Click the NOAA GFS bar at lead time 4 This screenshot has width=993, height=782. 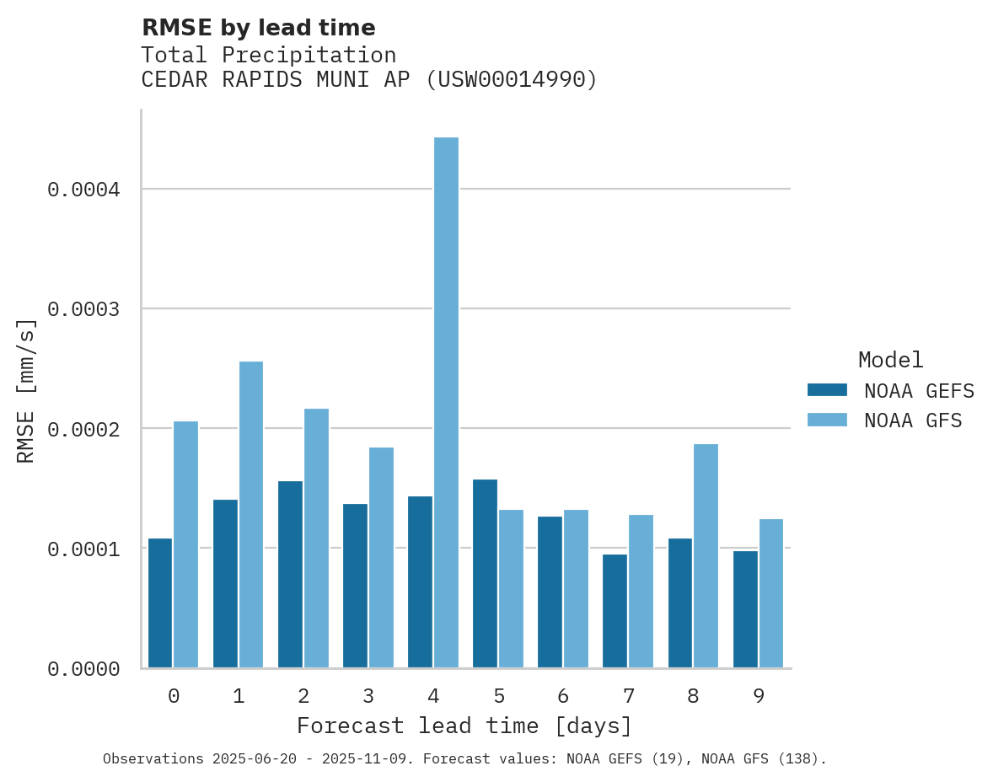tap(446, 403)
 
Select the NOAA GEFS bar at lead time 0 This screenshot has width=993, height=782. tap(160, 603)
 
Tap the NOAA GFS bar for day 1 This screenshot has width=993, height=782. tap(251, 515)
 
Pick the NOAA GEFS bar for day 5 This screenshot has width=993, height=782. tap(485, 574)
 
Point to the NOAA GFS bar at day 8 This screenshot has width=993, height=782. tap(706, 556)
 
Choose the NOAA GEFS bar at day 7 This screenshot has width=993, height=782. tap(615, 611)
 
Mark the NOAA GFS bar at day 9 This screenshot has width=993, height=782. tap(770, 593)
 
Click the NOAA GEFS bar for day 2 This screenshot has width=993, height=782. tap(290, 575)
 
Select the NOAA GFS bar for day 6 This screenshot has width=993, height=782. tap(576, 589)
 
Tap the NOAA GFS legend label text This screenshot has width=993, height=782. tap(913, 420)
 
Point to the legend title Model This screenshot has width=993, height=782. tap(890, 360)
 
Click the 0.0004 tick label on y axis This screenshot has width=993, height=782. tap(83, 190)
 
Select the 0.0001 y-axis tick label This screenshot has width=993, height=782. tap(83, 549)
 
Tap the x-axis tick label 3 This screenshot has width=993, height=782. tap(368, 696)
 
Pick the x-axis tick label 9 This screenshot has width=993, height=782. tap(758, 696)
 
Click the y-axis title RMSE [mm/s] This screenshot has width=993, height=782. tap(26, 390)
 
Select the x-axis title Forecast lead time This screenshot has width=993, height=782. tap(464, 726)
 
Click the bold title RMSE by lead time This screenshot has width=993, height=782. tap(258, 28)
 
